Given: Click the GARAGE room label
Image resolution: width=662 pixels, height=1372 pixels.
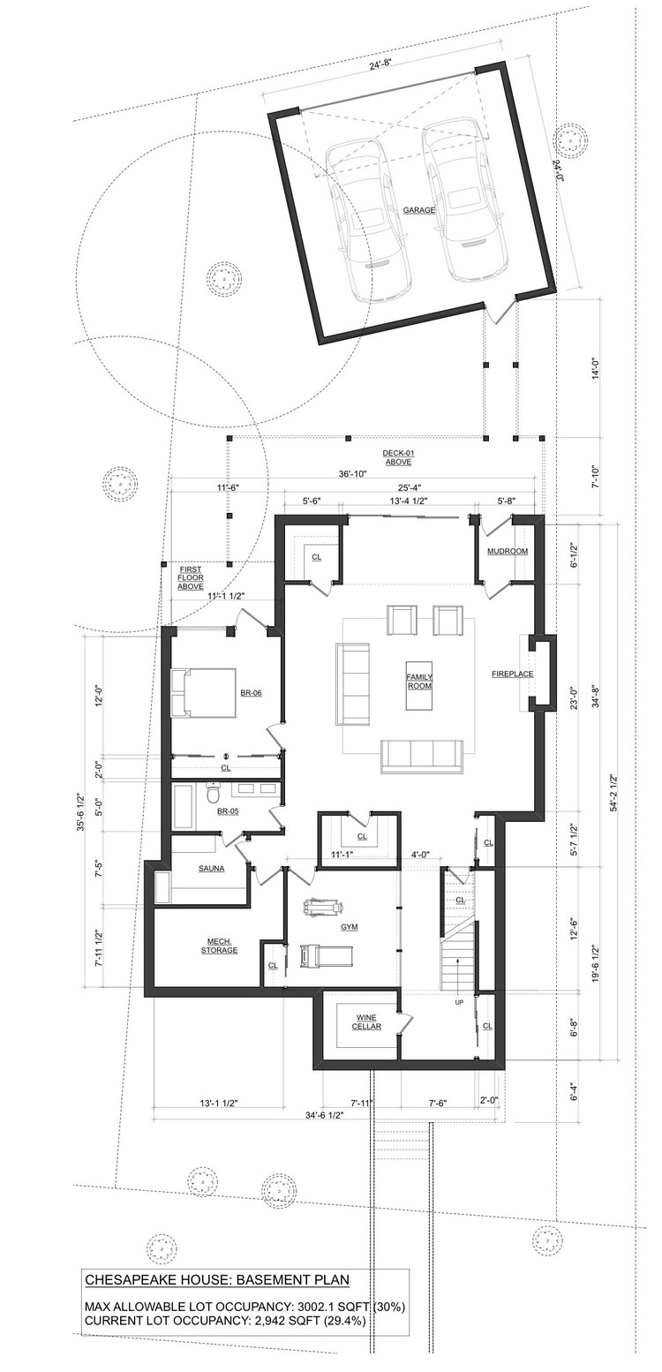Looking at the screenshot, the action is [419, 210].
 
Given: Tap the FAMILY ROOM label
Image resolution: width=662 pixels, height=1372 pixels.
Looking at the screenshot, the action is [419, 682].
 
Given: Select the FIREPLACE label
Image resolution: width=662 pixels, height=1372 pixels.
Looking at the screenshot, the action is [513, 675].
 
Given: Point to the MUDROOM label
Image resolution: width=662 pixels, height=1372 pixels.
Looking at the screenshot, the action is [507, 551].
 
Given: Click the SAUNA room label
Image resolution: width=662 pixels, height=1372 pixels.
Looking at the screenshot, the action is [211, 869].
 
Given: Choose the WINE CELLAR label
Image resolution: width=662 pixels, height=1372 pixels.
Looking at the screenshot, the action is [367, 1022].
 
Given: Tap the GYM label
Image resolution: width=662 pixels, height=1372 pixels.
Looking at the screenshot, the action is [349, 927].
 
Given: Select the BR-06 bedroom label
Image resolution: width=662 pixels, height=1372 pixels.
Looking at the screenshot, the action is [251, 693].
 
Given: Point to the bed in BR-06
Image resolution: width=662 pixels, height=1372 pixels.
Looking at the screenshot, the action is [204, 693].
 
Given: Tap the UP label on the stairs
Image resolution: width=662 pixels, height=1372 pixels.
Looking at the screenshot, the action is [459, 1003].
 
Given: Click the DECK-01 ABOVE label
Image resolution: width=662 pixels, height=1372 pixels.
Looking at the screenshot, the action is [398, 457].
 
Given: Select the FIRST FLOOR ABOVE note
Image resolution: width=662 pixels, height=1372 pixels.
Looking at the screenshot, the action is [191, 577].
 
